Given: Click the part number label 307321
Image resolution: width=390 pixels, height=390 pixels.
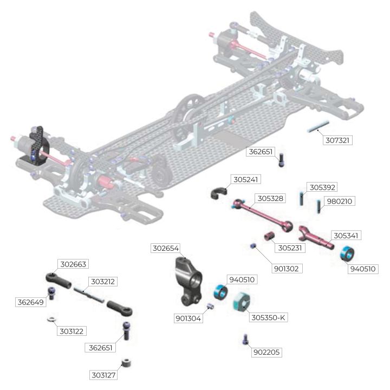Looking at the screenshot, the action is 337,140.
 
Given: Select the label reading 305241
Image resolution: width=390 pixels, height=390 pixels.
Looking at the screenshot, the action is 246,180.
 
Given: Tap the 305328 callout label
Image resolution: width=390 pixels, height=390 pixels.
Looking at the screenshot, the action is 270,198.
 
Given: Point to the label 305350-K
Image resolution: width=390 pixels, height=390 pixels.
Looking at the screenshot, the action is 268,317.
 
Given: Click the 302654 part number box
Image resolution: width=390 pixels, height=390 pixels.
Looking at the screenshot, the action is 166,248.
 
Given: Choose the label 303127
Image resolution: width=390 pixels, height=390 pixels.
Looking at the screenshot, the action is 103,375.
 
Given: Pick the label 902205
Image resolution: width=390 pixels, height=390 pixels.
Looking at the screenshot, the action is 266,352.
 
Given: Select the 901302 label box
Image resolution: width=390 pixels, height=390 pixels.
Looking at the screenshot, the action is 287,269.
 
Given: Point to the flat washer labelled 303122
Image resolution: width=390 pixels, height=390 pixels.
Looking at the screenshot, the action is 51,319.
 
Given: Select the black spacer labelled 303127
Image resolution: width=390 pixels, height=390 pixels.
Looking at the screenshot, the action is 126,363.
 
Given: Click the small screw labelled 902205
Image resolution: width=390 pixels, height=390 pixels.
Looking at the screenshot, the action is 245,339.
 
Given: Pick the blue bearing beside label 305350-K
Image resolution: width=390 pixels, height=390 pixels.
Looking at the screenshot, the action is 220,292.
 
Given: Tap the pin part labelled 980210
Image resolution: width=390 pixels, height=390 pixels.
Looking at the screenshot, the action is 318,206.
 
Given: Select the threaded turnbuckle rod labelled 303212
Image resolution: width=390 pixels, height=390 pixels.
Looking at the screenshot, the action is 89,295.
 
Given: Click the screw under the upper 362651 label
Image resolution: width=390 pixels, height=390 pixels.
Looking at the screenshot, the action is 281,160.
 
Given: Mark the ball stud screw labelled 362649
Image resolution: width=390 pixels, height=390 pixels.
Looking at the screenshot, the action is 51,292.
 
